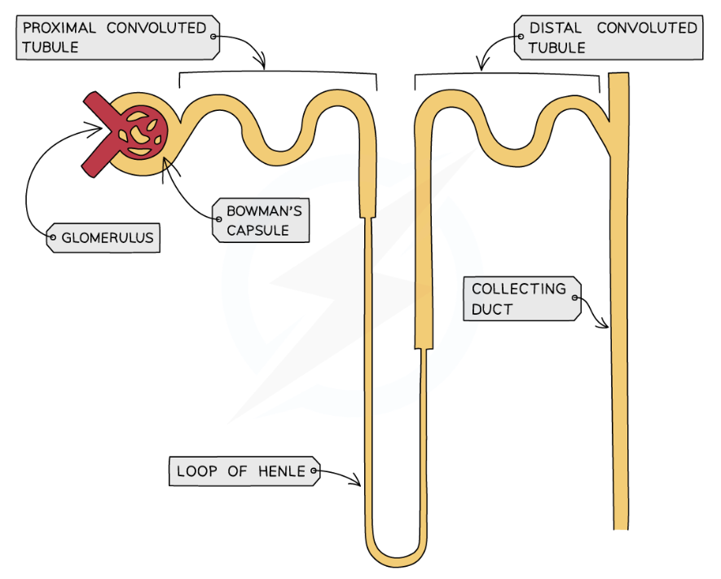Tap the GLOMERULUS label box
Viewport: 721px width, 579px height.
point(103,239)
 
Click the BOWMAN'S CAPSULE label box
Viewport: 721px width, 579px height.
point(262,220)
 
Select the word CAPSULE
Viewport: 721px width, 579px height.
point(257,230)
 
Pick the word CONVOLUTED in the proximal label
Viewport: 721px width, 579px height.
point(156,28)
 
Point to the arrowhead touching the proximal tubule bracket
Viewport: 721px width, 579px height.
point(262,65)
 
